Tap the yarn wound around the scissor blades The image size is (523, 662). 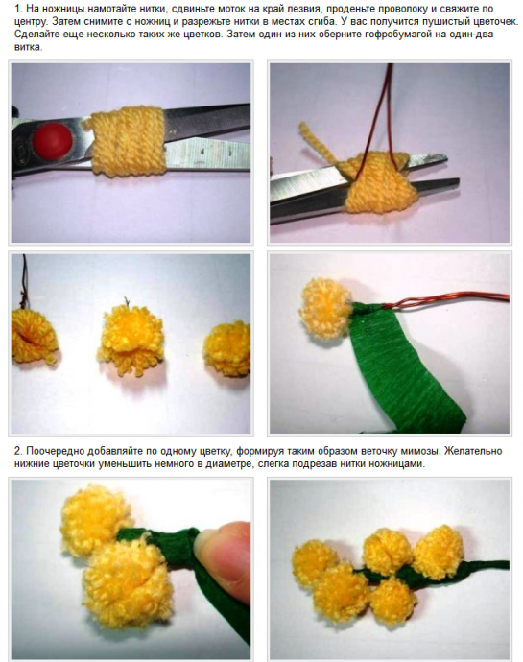127,141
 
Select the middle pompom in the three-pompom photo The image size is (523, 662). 131,338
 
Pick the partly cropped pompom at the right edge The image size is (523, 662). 227,348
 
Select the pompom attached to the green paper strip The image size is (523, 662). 325,309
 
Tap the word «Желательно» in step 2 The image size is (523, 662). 474,451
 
